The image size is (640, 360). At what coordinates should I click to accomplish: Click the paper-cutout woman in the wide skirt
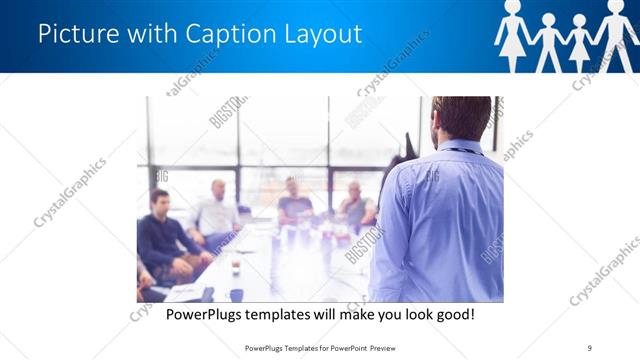pos(513,35)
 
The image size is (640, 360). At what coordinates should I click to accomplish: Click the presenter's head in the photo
pos(462,118)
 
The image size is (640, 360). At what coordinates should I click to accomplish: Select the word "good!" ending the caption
pos(453,314)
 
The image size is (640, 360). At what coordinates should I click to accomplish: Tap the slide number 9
pos(589,347)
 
